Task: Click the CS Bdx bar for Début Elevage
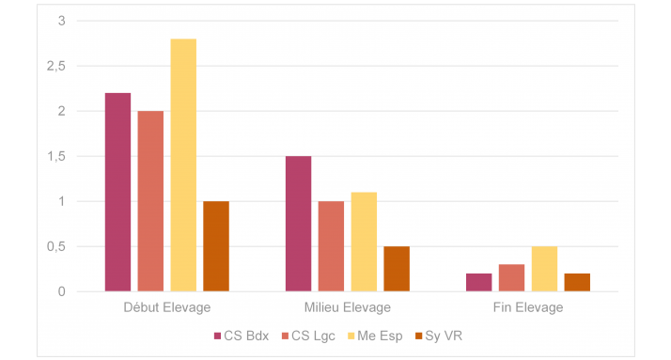(117, 193)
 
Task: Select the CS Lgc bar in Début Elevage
(150, 201)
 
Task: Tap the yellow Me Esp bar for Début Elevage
(183, 165)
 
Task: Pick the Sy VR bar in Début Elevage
(216, 246)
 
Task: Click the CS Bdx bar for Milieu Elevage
(298, 224)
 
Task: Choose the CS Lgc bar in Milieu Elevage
(331, 246)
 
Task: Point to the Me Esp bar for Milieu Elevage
(364, 242)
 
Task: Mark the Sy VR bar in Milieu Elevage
(397, 269)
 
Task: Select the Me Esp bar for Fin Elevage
(544, 269)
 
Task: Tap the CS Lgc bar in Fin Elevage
(511, 278)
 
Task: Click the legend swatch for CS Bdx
(217, 336)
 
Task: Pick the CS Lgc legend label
(313, 336)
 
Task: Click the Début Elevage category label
(167, 307)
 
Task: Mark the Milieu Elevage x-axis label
(348, 307)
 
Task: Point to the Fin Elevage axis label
(528, 307)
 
